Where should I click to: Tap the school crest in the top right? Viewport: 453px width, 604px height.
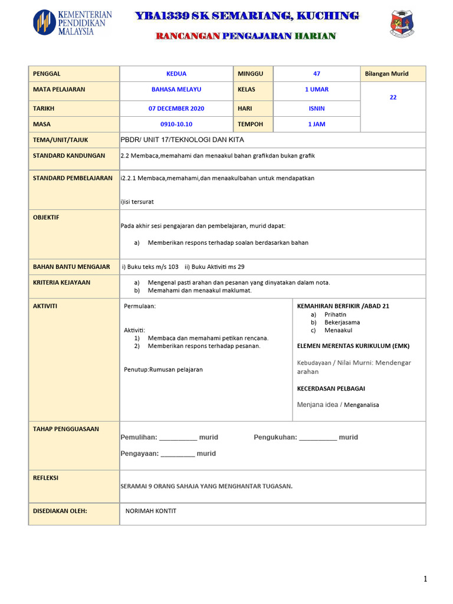pos(402,24)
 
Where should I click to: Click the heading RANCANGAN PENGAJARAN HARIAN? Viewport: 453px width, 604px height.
pos(245,36)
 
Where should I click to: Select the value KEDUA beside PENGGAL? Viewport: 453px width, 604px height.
pos(176,74)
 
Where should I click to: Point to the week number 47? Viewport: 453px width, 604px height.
pos(317,74)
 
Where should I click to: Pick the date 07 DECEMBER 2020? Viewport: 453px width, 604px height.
pos(176,109)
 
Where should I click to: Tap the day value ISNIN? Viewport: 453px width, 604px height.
pos(317,109)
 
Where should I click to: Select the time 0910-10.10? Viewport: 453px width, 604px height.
pos(176,124)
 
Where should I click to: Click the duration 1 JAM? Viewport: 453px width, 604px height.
pos(317,124)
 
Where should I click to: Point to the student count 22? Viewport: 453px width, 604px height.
pos(393,97)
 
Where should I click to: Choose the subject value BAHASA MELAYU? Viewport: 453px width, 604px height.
pos(176,90)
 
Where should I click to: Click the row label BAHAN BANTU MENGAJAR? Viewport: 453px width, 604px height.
pos(71,267)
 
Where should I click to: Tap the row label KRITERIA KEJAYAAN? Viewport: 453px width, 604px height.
pos(62,283)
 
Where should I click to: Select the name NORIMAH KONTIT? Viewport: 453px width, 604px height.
pos(151,511)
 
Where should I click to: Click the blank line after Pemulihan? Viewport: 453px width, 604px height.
pos(178,438)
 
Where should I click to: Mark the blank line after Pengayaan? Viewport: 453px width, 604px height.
pos(178,455)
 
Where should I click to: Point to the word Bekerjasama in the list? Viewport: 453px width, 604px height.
pos(342,323)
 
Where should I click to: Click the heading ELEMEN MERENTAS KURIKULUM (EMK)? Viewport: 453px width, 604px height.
pos(353,346)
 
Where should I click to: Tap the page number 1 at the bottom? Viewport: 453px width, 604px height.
pos(425,580)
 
